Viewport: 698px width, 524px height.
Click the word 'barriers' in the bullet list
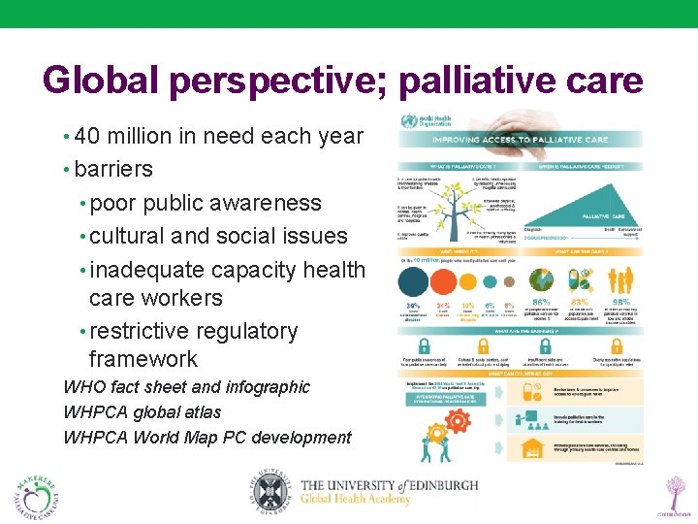[113, 169]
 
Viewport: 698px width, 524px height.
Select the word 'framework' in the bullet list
[143, 359]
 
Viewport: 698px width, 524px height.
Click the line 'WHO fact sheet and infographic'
[186, 387]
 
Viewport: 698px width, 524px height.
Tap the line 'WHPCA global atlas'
[142, 412]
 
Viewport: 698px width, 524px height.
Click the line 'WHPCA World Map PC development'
[206, 438]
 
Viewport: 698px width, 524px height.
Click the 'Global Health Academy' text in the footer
[373, 501]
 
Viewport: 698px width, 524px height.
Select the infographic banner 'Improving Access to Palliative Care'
[520, 139]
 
